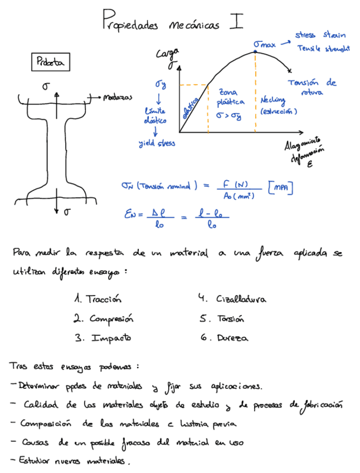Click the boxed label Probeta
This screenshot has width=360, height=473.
pyautogui.click(x=50, y=63)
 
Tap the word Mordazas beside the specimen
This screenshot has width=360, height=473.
pyautogui.click(x=118, y=97)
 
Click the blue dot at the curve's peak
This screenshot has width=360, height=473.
pyautogui.click(x=255, y=52)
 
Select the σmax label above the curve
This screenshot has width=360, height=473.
pyautogui.click(x=264, y=43)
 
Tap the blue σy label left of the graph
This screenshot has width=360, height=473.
pyautogui.click(x=160, y=84)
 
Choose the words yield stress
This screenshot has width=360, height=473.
pyautogui.click(x=157, y=143)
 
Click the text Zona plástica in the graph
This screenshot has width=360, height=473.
pyautogui.click(x=230, y=98)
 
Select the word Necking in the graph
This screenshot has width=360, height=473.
pyautogui.click(x=273, y=100)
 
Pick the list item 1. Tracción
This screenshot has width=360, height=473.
pyautogui.click(x=97, y=299)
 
